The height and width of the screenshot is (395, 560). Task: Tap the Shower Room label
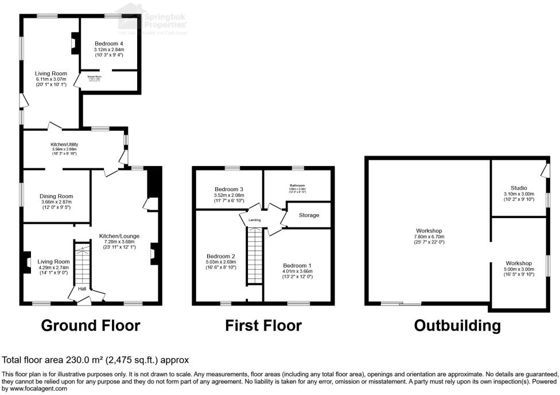(95, 76)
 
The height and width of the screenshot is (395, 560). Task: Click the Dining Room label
(57, 196)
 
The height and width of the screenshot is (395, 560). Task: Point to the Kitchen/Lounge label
(120, 236)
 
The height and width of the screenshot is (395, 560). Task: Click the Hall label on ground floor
(82, 289)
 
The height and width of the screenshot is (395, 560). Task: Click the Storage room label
(309, 215)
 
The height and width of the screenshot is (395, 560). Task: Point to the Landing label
(255, 220)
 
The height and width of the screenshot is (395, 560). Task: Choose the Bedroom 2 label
(221, 256)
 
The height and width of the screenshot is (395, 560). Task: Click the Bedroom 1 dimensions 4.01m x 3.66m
(297, 272)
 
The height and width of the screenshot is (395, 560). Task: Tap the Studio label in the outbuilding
(519, 188)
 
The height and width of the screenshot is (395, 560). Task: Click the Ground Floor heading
(91, 326)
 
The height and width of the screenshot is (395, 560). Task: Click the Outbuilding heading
(457, 326)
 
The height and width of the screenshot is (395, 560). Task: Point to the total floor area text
(96, 361)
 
